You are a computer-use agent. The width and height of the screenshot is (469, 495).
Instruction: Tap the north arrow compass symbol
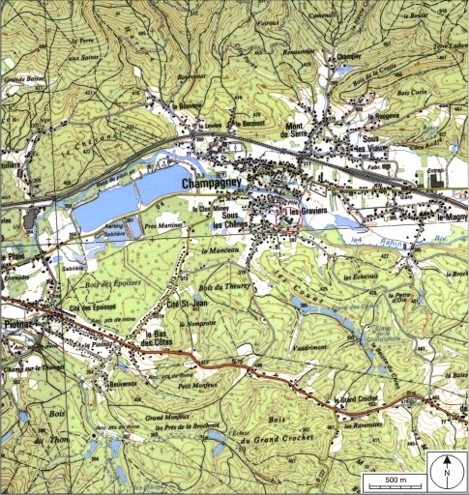click(x=447, y=471)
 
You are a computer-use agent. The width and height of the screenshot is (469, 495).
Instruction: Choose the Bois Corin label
click(x=410, y=92)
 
